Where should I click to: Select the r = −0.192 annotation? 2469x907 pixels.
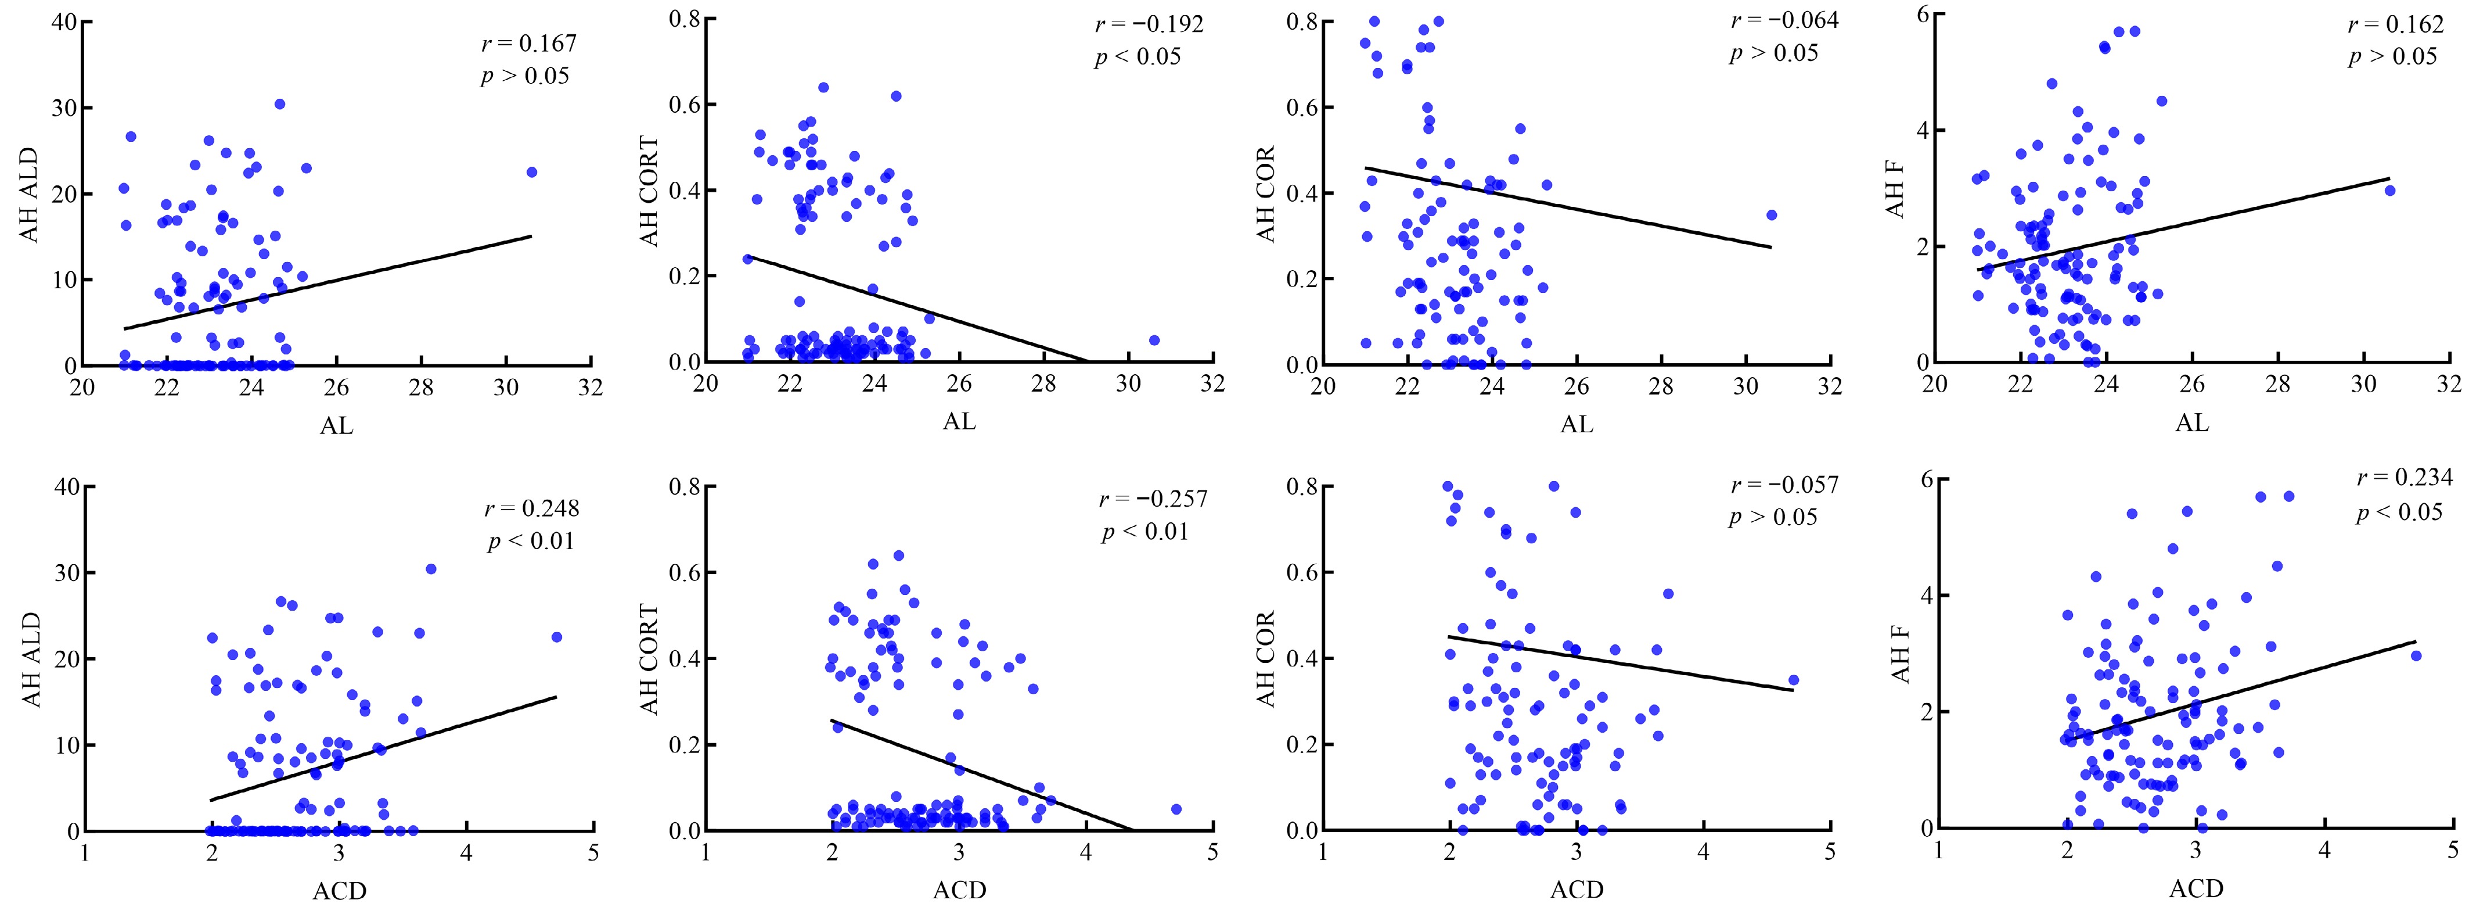coord(1149,24)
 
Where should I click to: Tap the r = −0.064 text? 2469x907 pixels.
coord(1784,20)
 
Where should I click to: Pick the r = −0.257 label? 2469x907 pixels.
coord(1153,499)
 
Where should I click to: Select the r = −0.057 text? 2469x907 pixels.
coord(1784,485)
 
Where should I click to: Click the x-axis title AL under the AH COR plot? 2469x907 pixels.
coord(1577,423)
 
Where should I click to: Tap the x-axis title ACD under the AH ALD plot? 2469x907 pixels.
coord(339,891)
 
